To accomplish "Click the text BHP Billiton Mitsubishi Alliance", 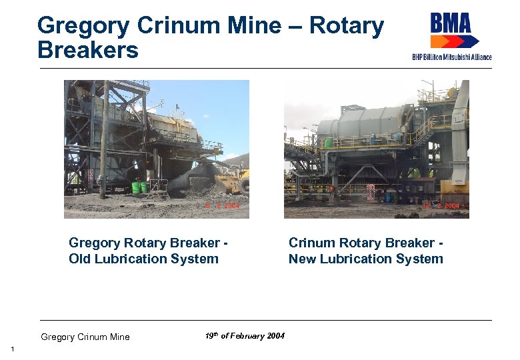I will click(451, 57).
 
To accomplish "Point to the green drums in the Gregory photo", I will click(139, 187).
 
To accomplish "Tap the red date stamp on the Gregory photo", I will click(223, 207).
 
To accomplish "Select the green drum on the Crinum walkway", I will click(328, 143).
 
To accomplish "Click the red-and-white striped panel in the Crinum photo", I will click(370, 191).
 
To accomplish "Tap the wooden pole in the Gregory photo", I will click(104, 140).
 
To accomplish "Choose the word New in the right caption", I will click(302, 259).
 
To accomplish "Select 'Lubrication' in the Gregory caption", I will click(138, 259).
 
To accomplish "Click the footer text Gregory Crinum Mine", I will click(85, 337).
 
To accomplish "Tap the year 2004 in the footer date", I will click(275, 336).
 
